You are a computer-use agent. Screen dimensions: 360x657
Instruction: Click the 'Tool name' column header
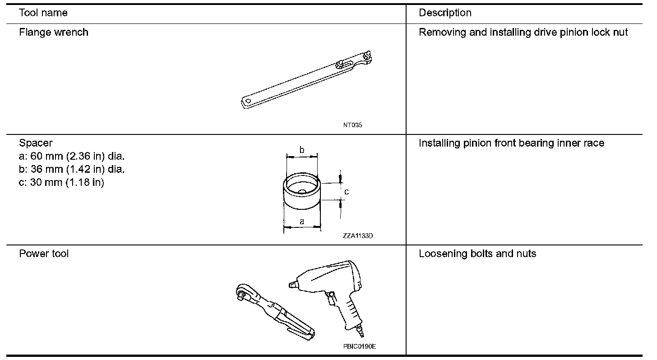[x=43, y=13]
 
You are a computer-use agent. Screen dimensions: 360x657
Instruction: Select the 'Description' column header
[x=445, y=13]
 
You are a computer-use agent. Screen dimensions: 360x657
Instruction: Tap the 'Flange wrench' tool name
[x=54, y=32]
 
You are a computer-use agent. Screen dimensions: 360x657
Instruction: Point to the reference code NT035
[x=352, y=125]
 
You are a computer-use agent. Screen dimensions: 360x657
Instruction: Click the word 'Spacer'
[x=36, y=143]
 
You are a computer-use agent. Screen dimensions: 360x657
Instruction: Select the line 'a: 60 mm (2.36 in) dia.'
[x=72, y=157]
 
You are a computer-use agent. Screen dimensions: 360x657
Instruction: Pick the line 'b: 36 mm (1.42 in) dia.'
[x=72, y=170]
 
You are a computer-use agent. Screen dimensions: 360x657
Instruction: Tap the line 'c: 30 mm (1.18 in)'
[x=61, y=183]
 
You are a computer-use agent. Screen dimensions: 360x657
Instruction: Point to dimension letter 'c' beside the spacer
[x=347, y=192]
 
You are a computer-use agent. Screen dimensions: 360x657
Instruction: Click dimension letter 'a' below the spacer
[x=302, y=221]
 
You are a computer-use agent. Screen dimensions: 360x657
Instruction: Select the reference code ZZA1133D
[x=357, y=235]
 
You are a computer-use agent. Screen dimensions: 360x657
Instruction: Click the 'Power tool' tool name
[x=44, y=254]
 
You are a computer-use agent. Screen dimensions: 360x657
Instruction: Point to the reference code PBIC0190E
[x=359, y=346]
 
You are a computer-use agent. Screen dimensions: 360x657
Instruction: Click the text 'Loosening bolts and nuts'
[x=477, y=254]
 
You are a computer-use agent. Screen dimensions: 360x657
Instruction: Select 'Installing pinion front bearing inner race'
[x=511, y=143]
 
